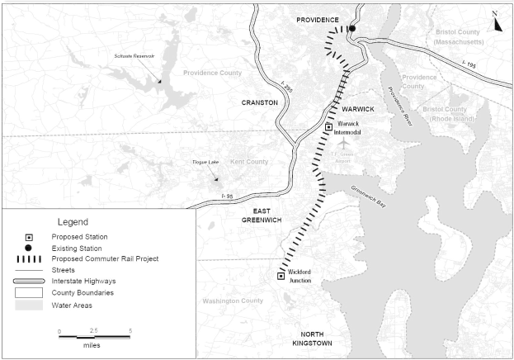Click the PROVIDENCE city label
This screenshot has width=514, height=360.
(318, 20)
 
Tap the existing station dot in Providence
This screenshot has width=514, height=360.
(351, 29)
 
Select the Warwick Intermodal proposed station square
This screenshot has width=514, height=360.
(328, 127)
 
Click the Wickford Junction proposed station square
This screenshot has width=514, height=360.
(281, 276)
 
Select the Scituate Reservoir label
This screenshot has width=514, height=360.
(134, 56)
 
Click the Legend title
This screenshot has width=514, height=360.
(73, 222)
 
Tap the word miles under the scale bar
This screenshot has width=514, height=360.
(91, 345)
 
